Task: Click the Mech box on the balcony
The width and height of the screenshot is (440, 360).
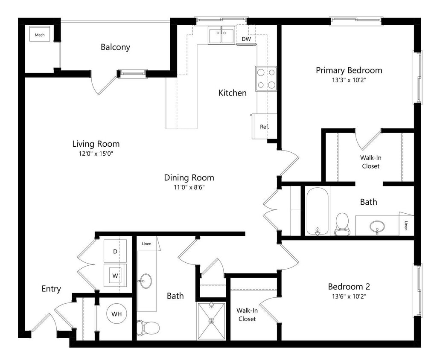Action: coord(40,35)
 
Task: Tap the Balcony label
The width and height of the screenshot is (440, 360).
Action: coord(115,47)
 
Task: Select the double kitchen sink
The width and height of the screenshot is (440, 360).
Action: coord(221,35)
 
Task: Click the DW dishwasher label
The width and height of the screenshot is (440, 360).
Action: coord(246,39)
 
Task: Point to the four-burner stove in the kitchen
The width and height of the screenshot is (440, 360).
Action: coord(266,78)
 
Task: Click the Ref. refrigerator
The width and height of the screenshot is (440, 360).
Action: coord(264,126)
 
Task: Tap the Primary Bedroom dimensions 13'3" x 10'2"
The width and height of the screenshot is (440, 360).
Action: coord(349,80)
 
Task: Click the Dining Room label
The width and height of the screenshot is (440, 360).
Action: coord(189,177)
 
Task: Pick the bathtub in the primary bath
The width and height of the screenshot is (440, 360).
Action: coord(318,211)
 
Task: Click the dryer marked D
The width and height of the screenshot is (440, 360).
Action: coord(115,251)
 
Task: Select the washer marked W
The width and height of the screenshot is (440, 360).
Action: coord(115,276)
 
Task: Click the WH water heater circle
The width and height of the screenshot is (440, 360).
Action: coord(117,314)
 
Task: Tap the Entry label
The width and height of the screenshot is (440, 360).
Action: coord(51,289)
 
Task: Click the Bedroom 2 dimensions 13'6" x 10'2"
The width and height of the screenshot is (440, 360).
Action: coord(349,296)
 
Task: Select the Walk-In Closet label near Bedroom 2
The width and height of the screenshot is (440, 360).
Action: coord(247,314)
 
